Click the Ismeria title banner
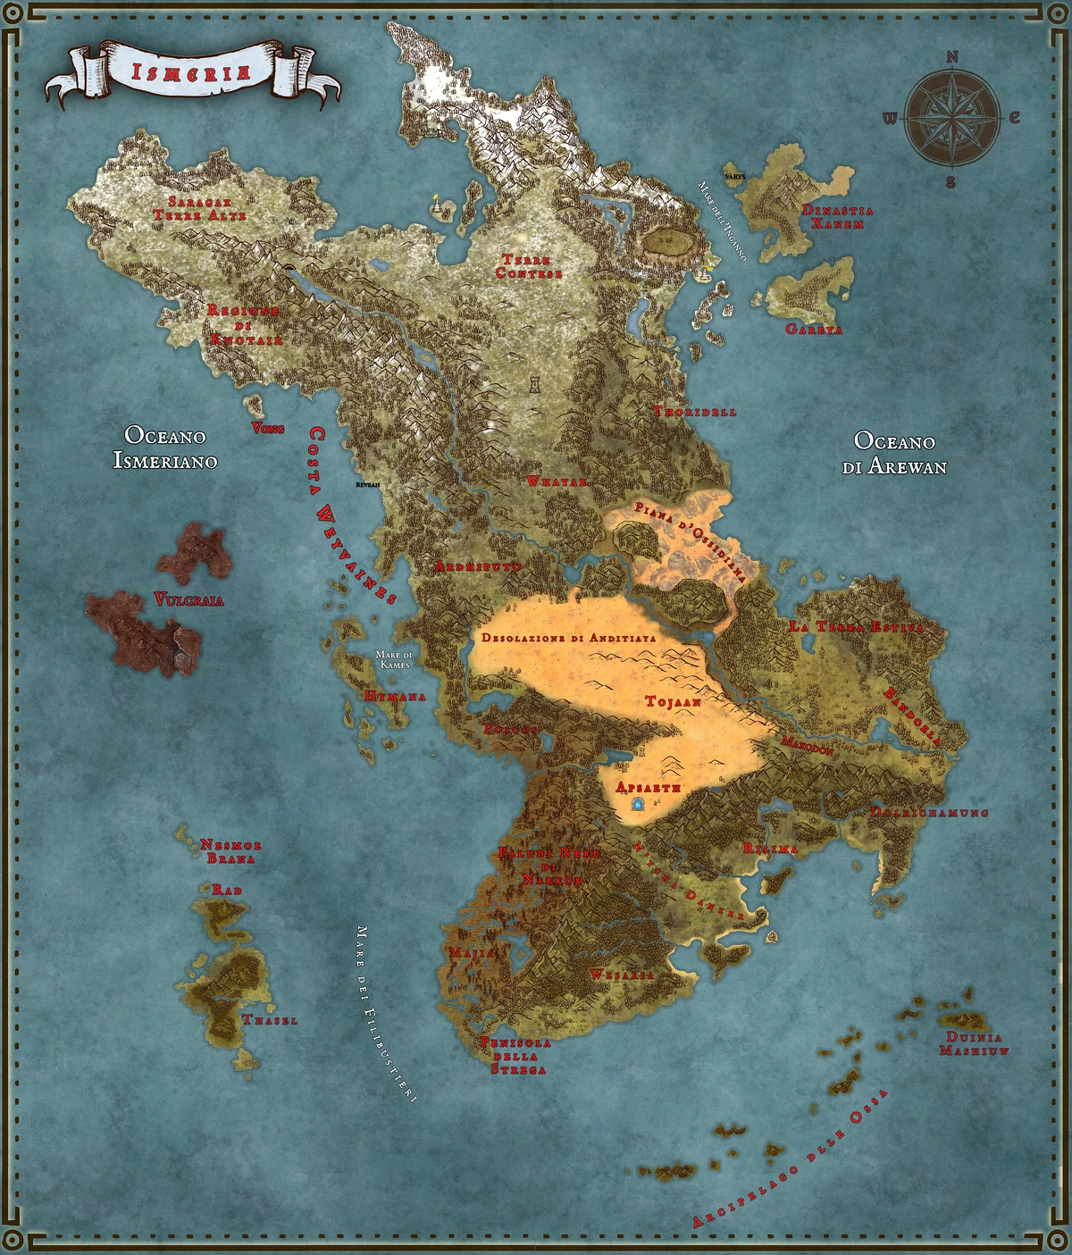[x=191, y=72]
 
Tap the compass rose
[x=952, y=119]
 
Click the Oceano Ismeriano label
[x=165, y=448]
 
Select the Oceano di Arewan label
[x=894, y=453]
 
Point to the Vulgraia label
[x=188, y=599]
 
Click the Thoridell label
[x=695, y=412]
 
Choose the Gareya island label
[x=814, y=329]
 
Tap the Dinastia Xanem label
[x=837, y=217]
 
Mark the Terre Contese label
[x=529, y=266]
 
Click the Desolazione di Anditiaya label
[x=569, y=638]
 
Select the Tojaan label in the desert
[x=673, y=702]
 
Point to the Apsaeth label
[x=649, y=787]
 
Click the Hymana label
[x=395, y=696]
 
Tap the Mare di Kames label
[x=394, y=659]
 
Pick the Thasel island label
[x=270, y=1019]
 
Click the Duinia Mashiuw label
[x=974, y=1044]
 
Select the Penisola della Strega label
[x=515, y=1056]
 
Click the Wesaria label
[x=622, y=975]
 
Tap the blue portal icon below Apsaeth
[x=638, y=806]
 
